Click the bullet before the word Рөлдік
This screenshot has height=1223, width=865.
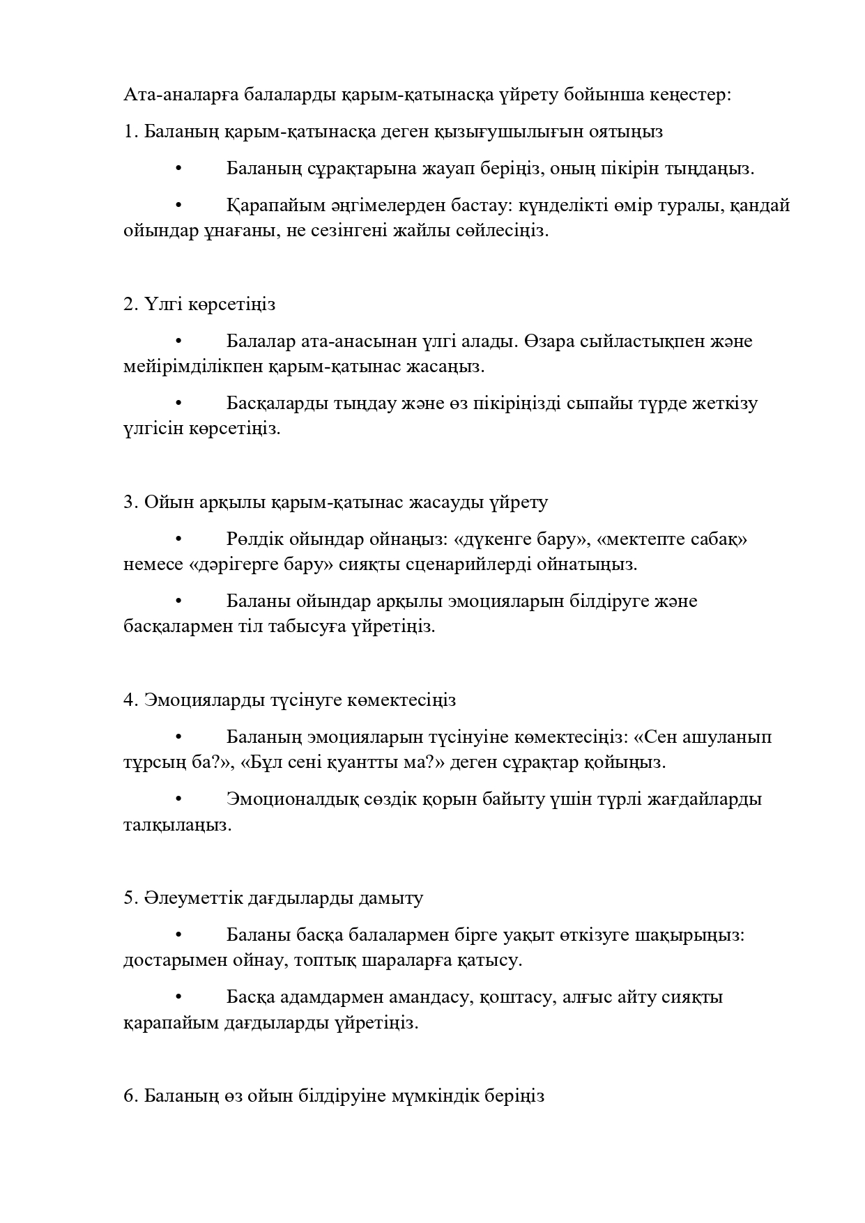[178, 539]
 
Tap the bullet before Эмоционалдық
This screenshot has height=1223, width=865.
[178, 799]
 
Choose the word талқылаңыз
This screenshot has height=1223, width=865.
[177, 825]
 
